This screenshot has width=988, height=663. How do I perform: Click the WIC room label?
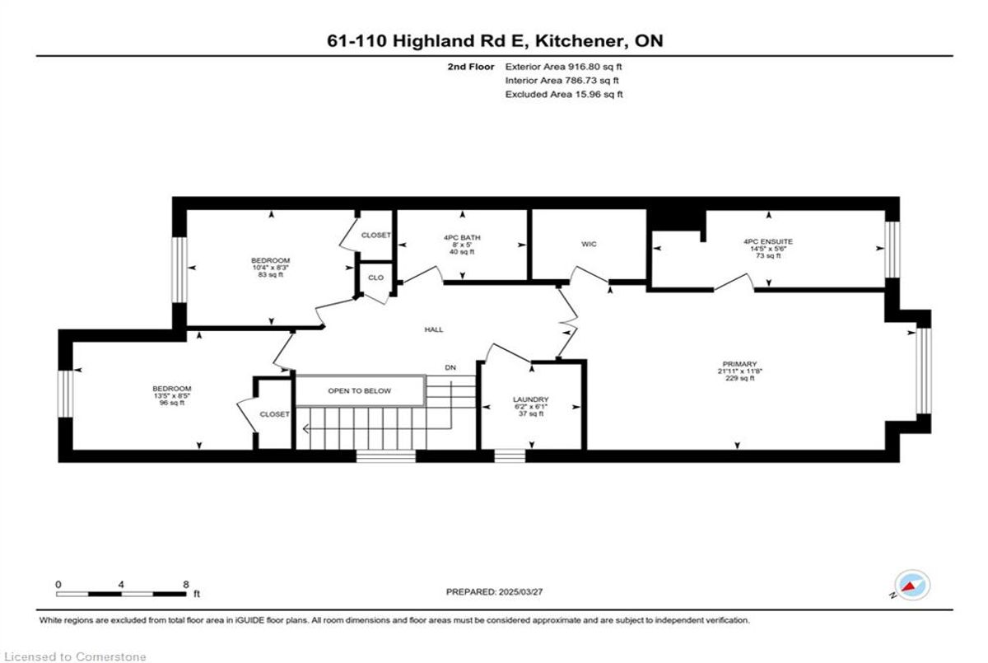tap(589, 244)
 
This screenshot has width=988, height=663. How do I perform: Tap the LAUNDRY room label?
tap(530, 399)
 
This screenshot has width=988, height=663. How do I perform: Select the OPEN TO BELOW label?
tap(360, 391)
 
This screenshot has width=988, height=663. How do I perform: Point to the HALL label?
tap(434, 329)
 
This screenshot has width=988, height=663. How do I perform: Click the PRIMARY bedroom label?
tap(739, 364)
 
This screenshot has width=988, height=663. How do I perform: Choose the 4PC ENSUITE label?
tap(768, 241)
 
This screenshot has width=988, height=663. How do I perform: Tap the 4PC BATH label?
tap(462, 237)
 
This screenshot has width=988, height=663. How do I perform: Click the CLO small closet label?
tap(375, 278)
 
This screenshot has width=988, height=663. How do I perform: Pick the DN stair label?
tap(450, 367)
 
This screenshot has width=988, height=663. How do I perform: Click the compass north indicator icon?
tap(911, 586)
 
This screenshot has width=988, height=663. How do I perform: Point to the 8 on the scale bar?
tap(186, 585)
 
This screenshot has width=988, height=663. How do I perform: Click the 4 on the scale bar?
tap(121, 585)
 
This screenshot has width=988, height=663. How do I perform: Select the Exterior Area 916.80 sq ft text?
tap(563, 67)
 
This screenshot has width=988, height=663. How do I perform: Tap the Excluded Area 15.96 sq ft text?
tap(564, 94)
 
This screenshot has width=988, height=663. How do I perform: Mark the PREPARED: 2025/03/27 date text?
tap(494, 592)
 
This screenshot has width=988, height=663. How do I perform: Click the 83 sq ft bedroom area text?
tap(270, 274)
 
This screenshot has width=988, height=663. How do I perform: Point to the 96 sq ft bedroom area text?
tap(172, 403)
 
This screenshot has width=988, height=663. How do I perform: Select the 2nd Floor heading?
tap(471, 67)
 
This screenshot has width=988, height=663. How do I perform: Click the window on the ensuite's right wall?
tap(892, 250)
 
